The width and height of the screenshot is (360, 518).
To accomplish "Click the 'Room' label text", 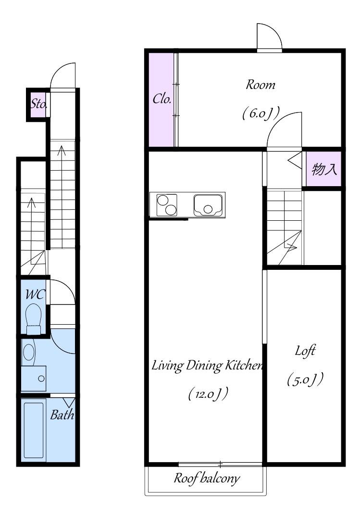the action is pos(260,85).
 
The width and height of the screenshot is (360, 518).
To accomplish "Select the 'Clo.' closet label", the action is pos(162,99).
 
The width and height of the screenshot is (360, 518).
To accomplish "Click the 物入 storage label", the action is pos(324,169).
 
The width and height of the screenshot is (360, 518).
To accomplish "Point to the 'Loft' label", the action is pos(305,351).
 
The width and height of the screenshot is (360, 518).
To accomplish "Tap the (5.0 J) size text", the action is pos(305,379).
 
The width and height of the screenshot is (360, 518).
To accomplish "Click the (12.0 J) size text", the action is pos(209,394).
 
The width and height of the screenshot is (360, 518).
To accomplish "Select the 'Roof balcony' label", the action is pos(207,479).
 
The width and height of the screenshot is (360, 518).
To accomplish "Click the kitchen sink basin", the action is pos(208,205).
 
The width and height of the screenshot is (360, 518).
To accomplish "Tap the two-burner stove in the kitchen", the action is pos(167,205).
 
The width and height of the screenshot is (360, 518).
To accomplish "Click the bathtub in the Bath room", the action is pos(34,430).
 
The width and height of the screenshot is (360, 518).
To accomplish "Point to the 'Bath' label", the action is pos(62,415).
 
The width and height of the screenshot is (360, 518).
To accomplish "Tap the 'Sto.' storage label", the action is pos(39,104).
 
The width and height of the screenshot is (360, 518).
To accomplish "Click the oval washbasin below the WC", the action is pos(29,353).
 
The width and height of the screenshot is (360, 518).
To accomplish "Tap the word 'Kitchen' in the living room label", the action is pos(244,366).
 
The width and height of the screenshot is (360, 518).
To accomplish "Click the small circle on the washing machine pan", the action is pos(41,379).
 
